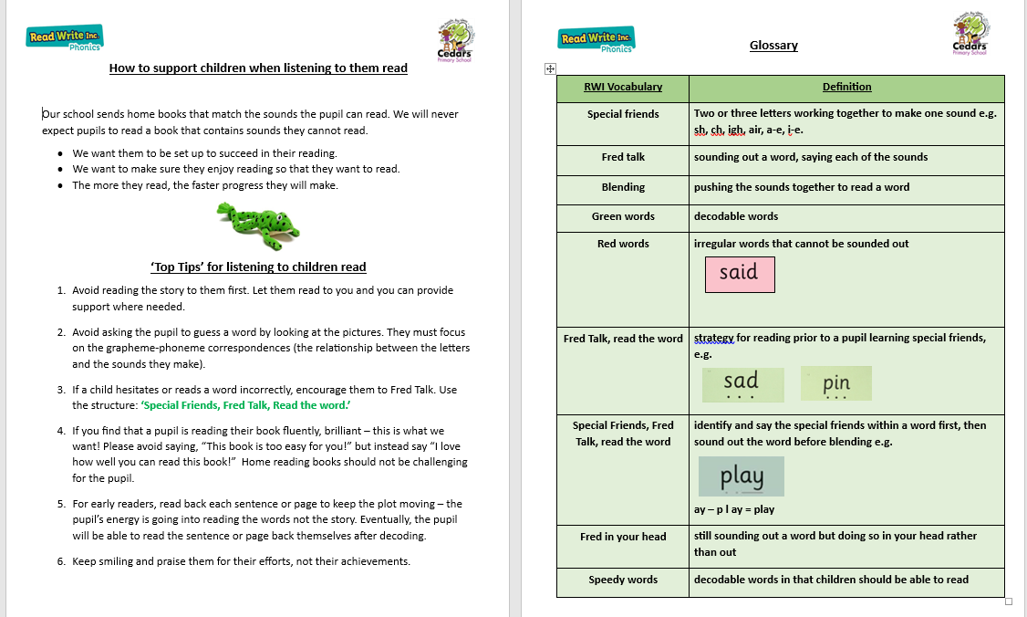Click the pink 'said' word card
[x=740, y=274]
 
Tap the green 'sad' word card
[x=742, y=384]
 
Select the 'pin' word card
[x=836, y=384]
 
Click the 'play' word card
[x=741, y=476]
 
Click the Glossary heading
[x=773, y=46]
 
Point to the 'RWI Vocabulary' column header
[x=623, y=88]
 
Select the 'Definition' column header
[x=846, y=88]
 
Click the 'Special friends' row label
[x=623, y=115]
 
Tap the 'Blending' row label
[x=623, y=187]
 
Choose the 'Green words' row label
[x=623, y=217]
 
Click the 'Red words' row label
[x=623, y=245]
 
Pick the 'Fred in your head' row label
[x=623, y=537]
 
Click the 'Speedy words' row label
[x=623, y=580]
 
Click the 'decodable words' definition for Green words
[x=736, y=217]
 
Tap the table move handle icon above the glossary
[x=550, y=68]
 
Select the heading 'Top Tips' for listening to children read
[x=258, y=267]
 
